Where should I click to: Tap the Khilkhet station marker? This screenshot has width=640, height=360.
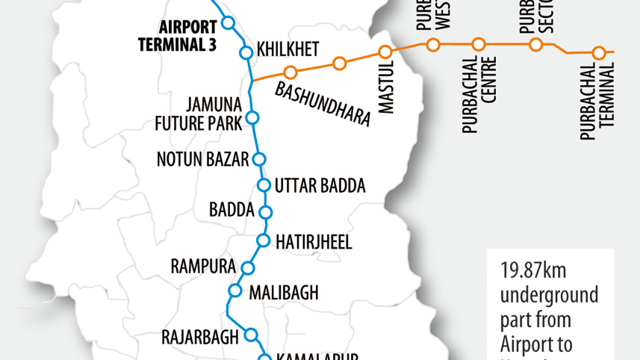point(246,52)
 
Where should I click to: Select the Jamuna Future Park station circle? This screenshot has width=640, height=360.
point(252,117)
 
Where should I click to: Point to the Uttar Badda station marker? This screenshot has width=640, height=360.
point(264,185)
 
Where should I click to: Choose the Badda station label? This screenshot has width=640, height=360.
point(232,210)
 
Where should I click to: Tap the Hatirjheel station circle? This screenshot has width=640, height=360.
point(263,240)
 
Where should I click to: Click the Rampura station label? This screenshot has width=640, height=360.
point(203,267)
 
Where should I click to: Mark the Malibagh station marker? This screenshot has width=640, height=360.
point(235,291)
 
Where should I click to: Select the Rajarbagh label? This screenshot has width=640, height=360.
point(200,337)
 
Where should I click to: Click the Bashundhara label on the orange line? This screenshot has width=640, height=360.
point(323,105)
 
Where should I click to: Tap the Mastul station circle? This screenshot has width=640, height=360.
point(385,52)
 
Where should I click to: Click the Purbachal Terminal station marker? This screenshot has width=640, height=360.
point(598,53)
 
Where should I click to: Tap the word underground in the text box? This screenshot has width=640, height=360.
point(549,295)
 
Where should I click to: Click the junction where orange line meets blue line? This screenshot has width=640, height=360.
point(252,79)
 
